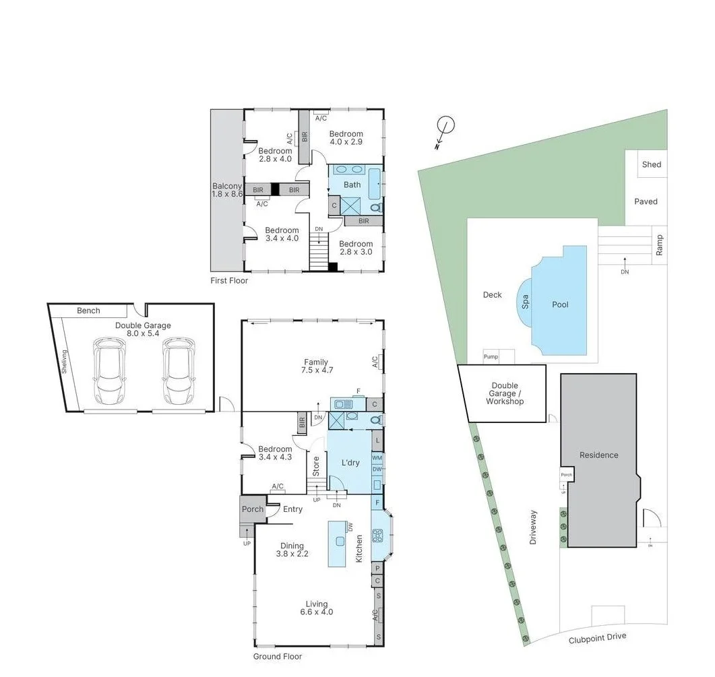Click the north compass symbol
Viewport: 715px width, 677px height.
(x=445, y=126)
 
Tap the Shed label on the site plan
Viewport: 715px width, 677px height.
(x=651, y=164)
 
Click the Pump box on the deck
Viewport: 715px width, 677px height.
(x=491, y=356)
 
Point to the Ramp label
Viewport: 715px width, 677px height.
(x=660, y=245)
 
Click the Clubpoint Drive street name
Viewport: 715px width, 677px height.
(x=597, y=637)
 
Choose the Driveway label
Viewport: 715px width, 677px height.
(x=533, y=527)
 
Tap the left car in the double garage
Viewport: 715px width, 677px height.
(x=109, y=370)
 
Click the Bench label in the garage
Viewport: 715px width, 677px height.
(x=88, y=311)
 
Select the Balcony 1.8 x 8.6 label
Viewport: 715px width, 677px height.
(x=227, y=190)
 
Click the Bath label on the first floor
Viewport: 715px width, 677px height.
(x=352, y=185)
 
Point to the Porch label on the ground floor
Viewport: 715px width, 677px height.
(x=253, y=509)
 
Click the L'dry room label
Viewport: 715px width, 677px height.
(x=350, y=463)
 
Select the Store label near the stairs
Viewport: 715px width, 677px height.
(x=315, y=465)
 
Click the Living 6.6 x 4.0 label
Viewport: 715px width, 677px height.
(x=316, y=608)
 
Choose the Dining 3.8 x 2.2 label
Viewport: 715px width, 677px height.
(x=292, y=550)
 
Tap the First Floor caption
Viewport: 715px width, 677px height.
(x=229, y=280)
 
